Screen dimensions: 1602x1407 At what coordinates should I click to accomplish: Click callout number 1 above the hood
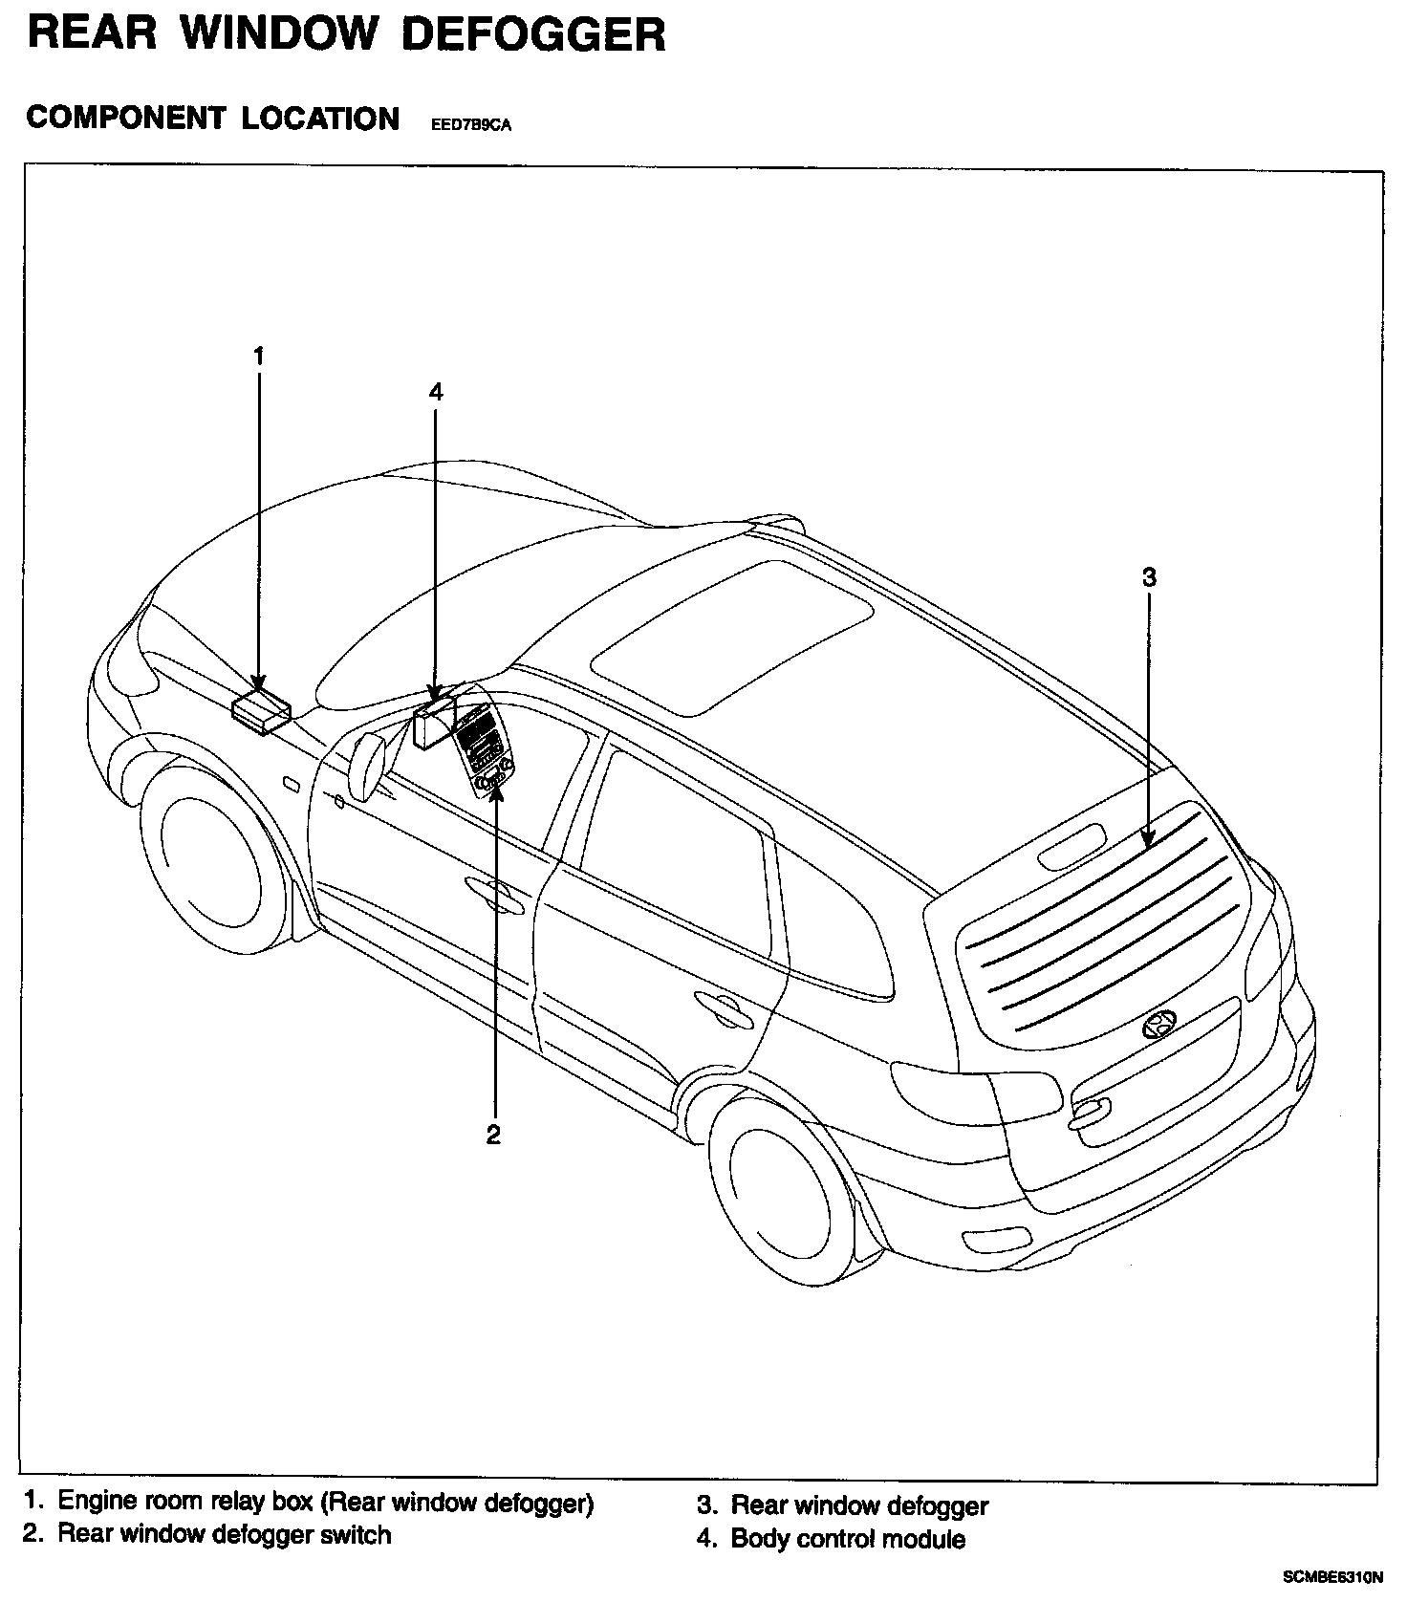tap(258, 356)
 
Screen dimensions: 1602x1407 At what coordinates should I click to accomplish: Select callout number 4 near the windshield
tap(436, 391)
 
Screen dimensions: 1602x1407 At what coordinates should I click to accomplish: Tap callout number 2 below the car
tap(493, 1135)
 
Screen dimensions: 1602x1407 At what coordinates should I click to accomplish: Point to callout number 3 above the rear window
tap(1149, 576)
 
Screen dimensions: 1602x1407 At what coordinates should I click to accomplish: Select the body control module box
tap(433, 722)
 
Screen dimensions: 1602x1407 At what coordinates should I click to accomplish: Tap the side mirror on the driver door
tap(367, 764)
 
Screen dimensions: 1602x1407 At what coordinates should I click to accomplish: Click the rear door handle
tap(723, 1003)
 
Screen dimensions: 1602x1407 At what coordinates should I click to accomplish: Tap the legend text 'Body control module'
tap(847, 1539)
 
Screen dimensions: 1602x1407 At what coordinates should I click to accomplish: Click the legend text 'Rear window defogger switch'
tap(225, 1534)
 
